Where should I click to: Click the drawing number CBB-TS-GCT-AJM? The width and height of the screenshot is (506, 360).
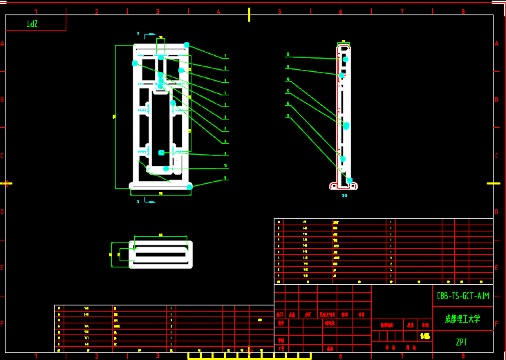pyautogui.click(x=463, y=296)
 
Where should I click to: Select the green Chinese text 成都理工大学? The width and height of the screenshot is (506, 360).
pyautogui.click(x=462, y=319)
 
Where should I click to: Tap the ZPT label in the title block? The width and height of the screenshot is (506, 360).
pyautogui.click(x=462, y=342)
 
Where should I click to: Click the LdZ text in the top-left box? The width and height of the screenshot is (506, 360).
pyautogui.click(x=32, y=24)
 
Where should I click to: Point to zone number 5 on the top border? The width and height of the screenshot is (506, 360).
pyautogui.click(x=280, y=12)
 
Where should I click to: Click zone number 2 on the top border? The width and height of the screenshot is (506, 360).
pyautogui.click(x=97, y=12)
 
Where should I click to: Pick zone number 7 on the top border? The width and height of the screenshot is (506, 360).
pyautogui.click(x=402, y=12)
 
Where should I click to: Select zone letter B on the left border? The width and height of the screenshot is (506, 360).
pyautogui.click(x=3, y=100)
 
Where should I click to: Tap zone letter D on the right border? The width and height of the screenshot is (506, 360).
pyautogui.click(x=496, y=212)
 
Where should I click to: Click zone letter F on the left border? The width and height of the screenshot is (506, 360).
pyautogui.click(x=3, y=323)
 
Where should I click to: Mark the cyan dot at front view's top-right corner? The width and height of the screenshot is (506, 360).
pyautogui.click(x=187, y=45)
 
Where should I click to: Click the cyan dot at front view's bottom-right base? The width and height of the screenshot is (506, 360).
pyautogui.click(x=189, y=187)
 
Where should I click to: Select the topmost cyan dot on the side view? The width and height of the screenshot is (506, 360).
pyautogui.click(x=345, y=59)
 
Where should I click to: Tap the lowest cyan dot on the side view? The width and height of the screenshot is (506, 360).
pyautogui.click(x=349, y=180)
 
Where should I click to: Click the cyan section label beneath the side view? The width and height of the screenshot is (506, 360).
pyautogui.click(x=344, y=196)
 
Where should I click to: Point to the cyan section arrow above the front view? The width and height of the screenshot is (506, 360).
pyautogui.click(x=150, y=33)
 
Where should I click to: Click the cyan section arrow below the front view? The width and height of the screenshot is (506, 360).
pyautogui.click(x=150, y=202)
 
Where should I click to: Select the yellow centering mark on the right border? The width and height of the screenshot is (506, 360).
pyautogui.click(x=493, y=183)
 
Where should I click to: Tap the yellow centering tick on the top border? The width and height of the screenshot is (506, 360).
pyautogui.click(x=249, y=15)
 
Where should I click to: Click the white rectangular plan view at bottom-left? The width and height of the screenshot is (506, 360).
pyautogui.click(x=160, y=254)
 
